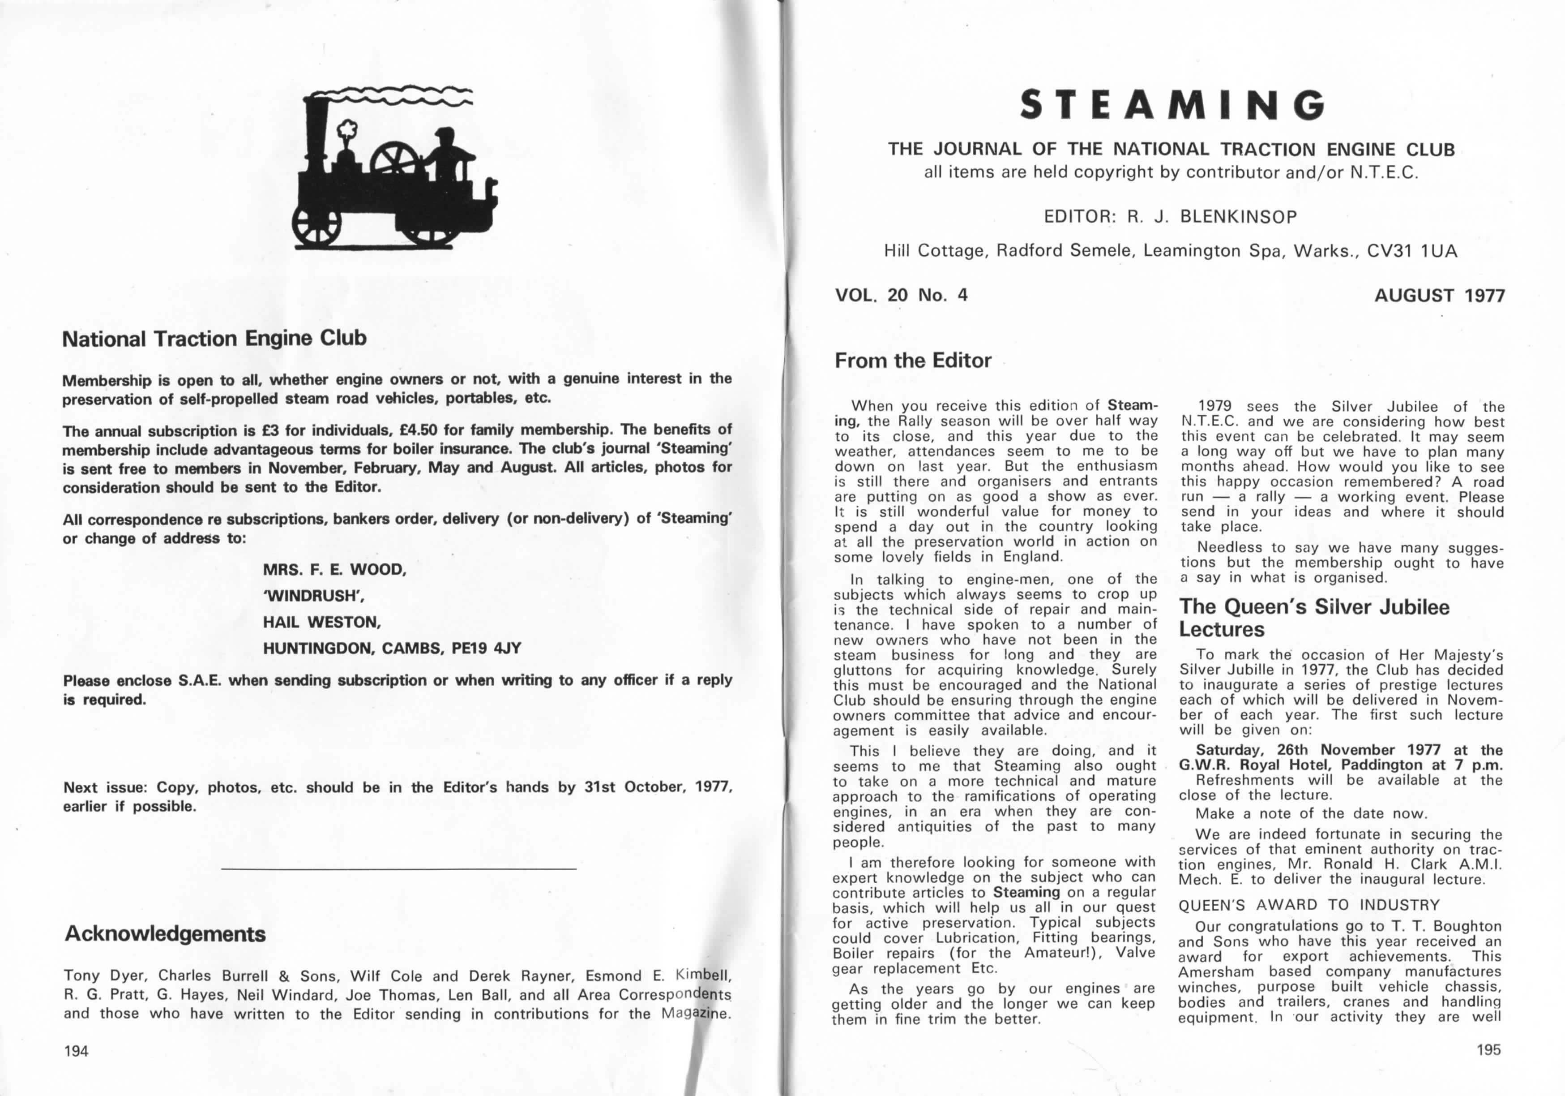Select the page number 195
(x=1488, y=1049)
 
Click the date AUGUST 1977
(x=1440, y=295)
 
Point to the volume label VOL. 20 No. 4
(x=901, y=295)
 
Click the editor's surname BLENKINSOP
(x=1239, y=217)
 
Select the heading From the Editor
(x=913, y=360)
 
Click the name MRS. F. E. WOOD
(x=334, y=569)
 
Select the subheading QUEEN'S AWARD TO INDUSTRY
(x=1308, y=905)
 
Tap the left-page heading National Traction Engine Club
(x=214, y=338)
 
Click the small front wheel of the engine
(x=316, y=225)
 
